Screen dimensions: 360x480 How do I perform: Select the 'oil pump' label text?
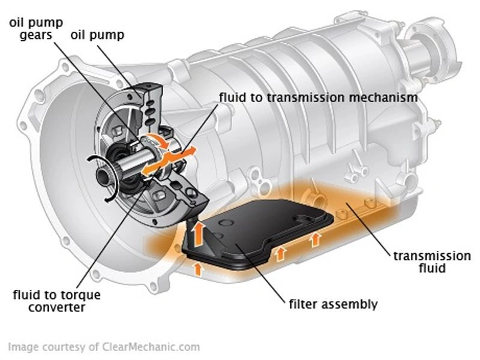(97, 35)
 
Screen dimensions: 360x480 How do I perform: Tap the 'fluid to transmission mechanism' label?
(318, 97)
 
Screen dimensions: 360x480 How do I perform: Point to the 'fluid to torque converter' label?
(56, 301)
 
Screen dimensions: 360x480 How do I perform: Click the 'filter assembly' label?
(334, 304)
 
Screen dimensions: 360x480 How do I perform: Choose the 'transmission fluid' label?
(431, 262)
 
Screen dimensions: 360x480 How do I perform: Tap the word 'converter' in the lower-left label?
(56, 308)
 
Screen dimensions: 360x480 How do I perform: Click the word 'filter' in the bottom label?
(302, 304)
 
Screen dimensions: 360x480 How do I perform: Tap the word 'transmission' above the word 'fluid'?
(431, 256)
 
